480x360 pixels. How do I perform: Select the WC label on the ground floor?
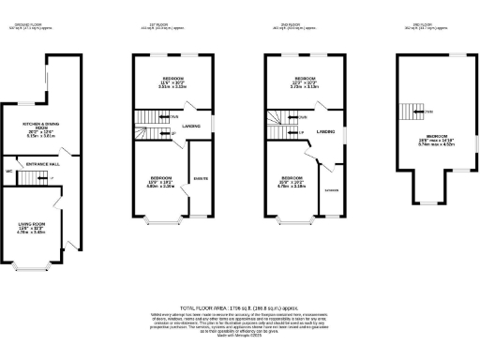point(8,172)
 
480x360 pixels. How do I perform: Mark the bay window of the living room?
point(34,265)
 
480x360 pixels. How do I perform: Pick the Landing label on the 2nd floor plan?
point(325,131)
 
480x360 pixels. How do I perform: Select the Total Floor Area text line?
point(240,307)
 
